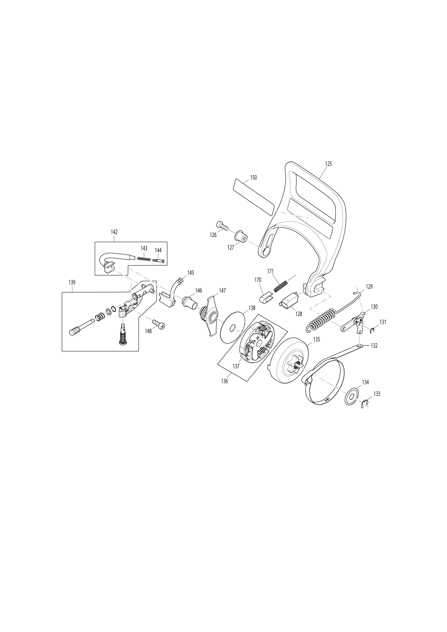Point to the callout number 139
pos(72,282)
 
